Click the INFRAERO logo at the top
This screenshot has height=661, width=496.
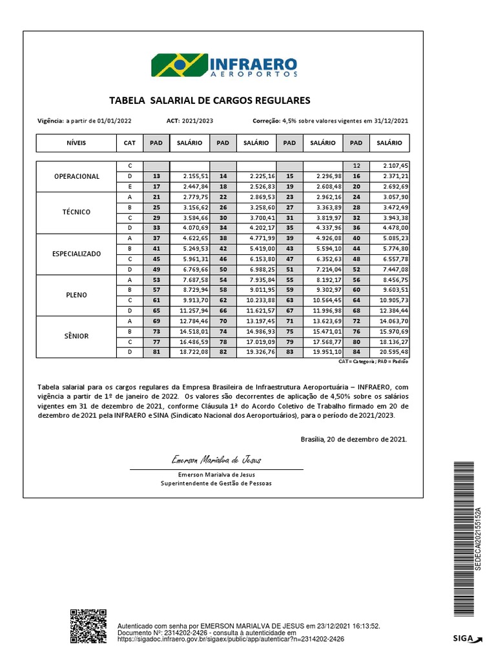(x=224, y=66)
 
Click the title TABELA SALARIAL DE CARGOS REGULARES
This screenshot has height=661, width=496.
(x=210, y=101)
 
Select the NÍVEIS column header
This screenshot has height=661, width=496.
(x=76, y=143)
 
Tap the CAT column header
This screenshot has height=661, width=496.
(x=130, y=143)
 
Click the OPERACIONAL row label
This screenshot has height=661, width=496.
(x=76, y=176)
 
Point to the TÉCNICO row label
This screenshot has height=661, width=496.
(x=76, y=212)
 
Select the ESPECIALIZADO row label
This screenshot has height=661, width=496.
(x=76, y=254)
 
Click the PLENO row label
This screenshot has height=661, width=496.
(x=76, y=295)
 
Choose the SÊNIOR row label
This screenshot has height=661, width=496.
(x=76, y=336)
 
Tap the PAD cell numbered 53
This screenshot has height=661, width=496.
(x=156, y=280)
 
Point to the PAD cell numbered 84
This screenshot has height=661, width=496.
(x=355, y=352)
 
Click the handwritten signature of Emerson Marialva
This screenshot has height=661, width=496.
(x=216, y=460)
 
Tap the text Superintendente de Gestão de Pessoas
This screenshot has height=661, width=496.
(x=216, y=483)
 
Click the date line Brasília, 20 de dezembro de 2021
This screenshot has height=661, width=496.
(x=354, y=439)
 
